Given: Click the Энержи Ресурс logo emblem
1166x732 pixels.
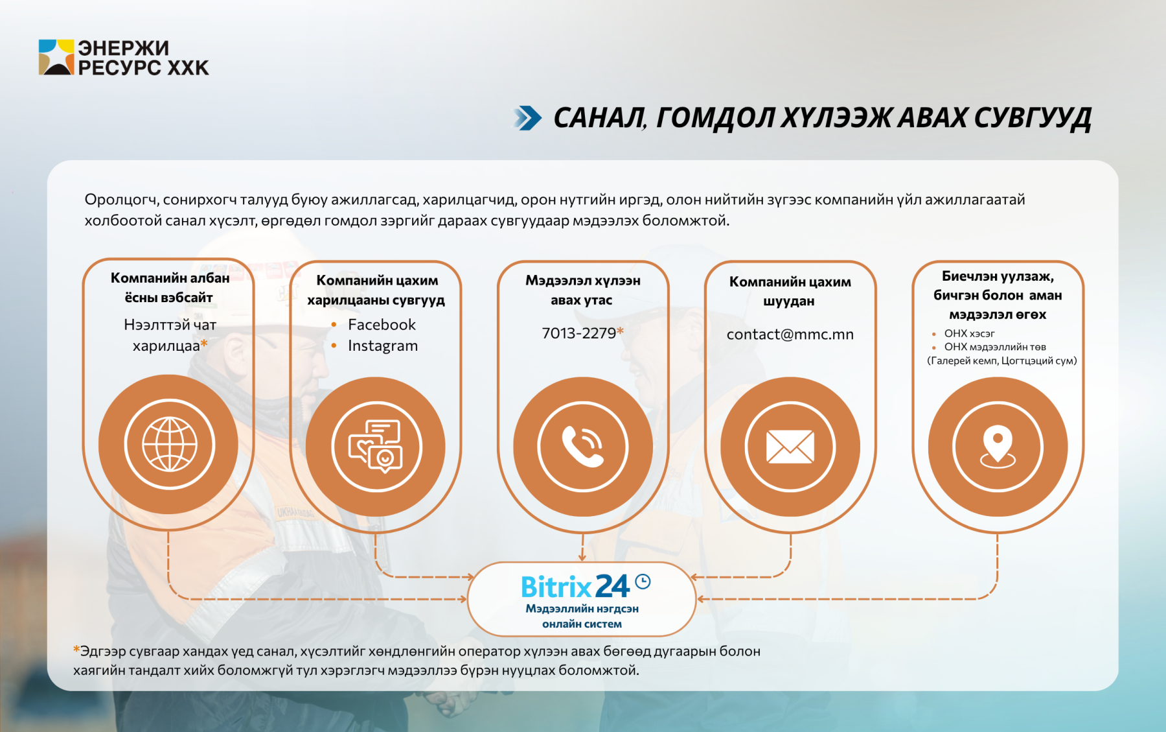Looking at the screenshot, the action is tap(56, 57).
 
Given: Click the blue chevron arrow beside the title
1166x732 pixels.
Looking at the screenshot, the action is tap(528, 118).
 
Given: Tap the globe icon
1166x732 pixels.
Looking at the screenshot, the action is tap(170, 444).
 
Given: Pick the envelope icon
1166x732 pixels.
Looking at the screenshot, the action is tap(790, 447).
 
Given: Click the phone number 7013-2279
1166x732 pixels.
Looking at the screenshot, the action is tap(578, 333).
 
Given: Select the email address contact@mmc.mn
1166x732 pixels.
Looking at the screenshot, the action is tap(790, 335).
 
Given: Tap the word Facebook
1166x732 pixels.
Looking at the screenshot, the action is tap(382, 324).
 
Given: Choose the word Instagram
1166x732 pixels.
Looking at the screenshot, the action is tap(383, 346).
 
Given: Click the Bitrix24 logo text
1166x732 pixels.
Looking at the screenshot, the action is tap(575, 586).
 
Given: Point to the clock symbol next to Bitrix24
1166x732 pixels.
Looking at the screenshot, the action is tap(643, 582).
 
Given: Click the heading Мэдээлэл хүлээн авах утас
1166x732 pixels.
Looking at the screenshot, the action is tap(582, 290).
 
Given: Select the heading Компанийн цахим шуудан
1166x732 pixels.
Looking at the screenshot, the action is tap(790, 291).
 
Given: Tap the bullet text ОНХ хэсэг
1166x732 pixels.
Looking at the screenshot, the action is tap(969, 333).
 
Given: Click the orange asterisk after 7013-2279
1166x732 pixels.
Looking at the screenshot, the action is tap(620, 331).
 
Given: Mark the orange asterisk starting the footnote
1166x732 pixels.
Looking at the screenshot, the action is tap(76, 649).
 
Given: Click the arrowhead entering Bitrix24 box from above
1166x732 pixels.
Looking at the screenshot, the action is tap(582, 557).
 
